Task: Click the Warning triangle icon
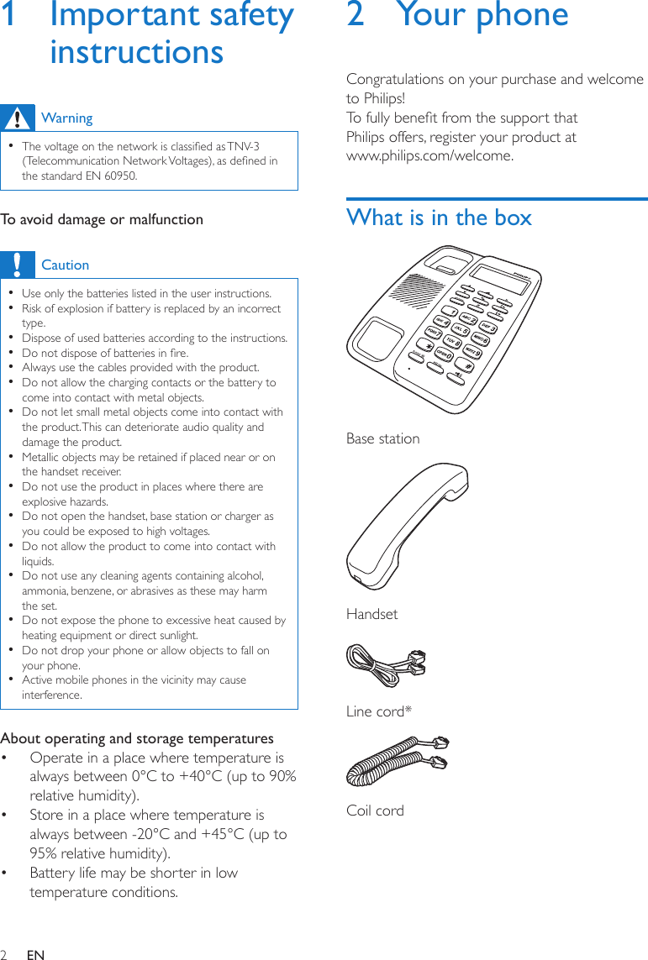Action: (17, 118)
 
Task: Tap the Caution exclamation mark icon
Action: (17, 264)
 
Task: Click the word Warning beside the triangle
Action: (67, 118)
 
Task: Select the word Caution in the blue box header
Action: (65, 265)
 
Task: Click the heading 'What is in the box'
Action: (439, 218)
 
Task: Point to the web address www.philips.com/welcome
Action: (429, 156)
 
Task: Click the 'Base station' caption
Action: (382, 438)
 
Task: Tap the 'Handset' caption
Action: (371, 614)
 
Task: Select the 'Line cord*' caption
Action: (379, 711)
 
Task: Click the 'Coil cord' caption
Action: (375, 810)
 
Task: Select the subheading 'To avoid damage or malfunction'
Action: (102, 219)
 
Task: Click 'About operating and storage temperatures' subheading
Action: (137, 738)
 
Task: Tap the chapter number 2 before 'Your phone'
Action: (356, 15)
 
